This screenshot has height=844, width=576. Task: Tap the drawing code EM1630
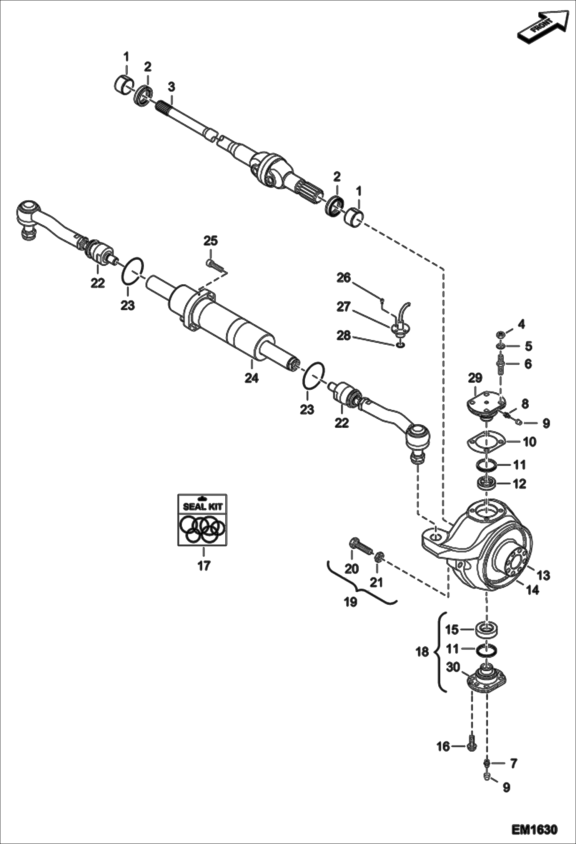tap(534, 828)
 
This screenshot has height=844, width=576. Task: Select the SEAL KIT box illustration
tap(202, 520)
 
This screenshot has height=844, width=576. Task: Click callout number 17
tap(204, 565)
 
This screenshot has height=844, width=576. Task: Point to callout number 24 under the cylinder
tap(251, 378)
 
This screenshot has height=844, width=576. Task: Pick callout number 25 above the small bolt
tap(210, 241)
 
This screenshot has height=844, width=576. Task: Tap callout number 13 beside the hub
tap(543, 575)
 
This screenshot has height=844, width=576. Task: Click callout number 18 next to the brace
tap(422, 652)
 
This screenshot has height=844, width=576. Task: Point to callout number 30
tap(453, 667)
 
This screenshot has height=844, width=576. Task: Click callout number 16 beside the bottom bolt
tap(443, 747)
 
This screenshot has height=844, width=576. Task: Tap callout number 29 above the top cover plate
tap(475, 378)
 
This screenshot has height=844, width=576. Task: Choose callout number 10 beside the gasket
tap(529, 442)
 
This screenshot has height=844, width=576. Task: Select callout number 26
tap(344, 277)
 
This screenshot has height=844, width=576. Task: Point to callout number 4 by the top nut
tap(521, 324)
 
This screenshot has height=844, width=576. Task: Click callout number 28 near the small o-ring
tap(343, 336)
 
